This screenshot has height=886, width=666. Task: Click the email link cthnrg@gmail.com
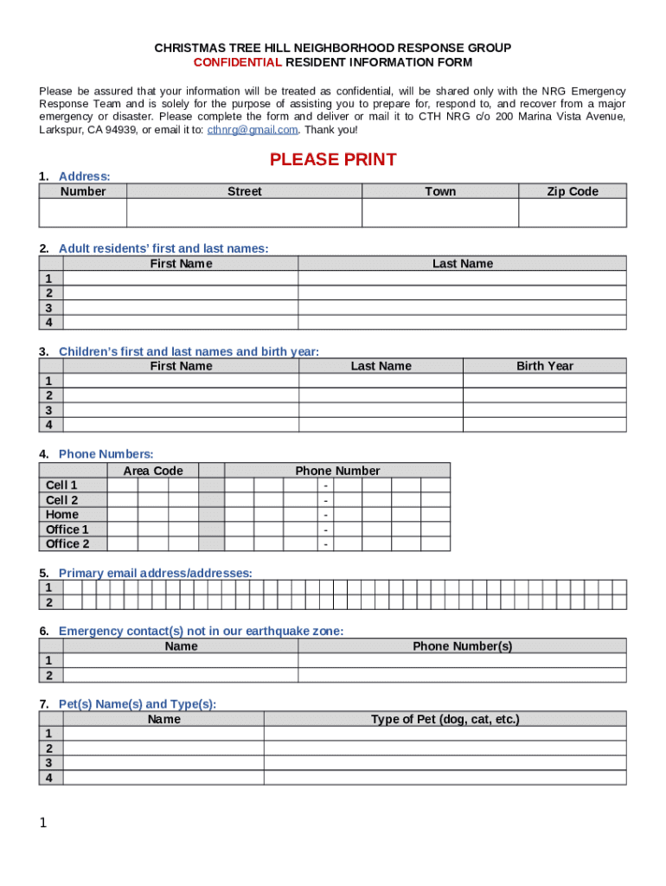(253, 130)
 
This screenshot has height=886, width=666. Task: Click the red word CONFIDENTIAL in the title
(237, 63)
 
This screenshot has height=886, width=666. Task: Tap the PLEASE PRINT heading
(333, 159)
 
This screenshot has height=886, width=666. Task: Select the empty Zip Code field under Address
(572, 213)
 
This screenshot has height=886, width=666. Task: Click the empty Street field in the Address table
(244, 213)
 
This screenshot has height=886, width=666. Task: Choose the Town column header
(439, 191)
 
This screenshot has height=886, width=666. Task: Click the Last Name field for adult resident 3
(462, 307)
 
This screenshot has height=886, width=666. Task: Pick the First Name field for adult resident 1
(181, 279)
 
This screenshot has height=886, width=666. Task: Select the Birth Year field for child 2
(544, 395)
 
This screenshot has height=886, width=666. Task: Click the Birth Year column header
(544, 366)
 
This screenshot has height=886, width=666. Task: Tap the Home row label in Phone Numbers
(62, 515)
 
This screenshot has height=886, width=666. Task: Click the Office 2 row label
(67, 544)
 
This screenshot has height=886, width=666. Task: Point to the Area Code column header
(153, 471)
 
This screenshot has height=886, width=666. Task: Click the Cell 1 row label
(61, 485)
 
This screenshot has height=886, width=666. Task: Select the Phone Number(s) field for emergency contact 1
(462, 661)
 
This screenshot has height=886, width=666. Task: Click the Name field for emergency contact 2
(181, 676)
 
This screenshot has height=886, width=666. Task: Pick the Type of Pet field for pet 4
(445, 777)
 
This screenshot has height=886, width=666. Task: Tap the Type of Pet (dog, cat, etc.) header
(445, 719)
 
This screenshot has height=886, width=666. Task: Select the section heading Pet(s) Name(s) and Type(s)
(137, 704)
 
